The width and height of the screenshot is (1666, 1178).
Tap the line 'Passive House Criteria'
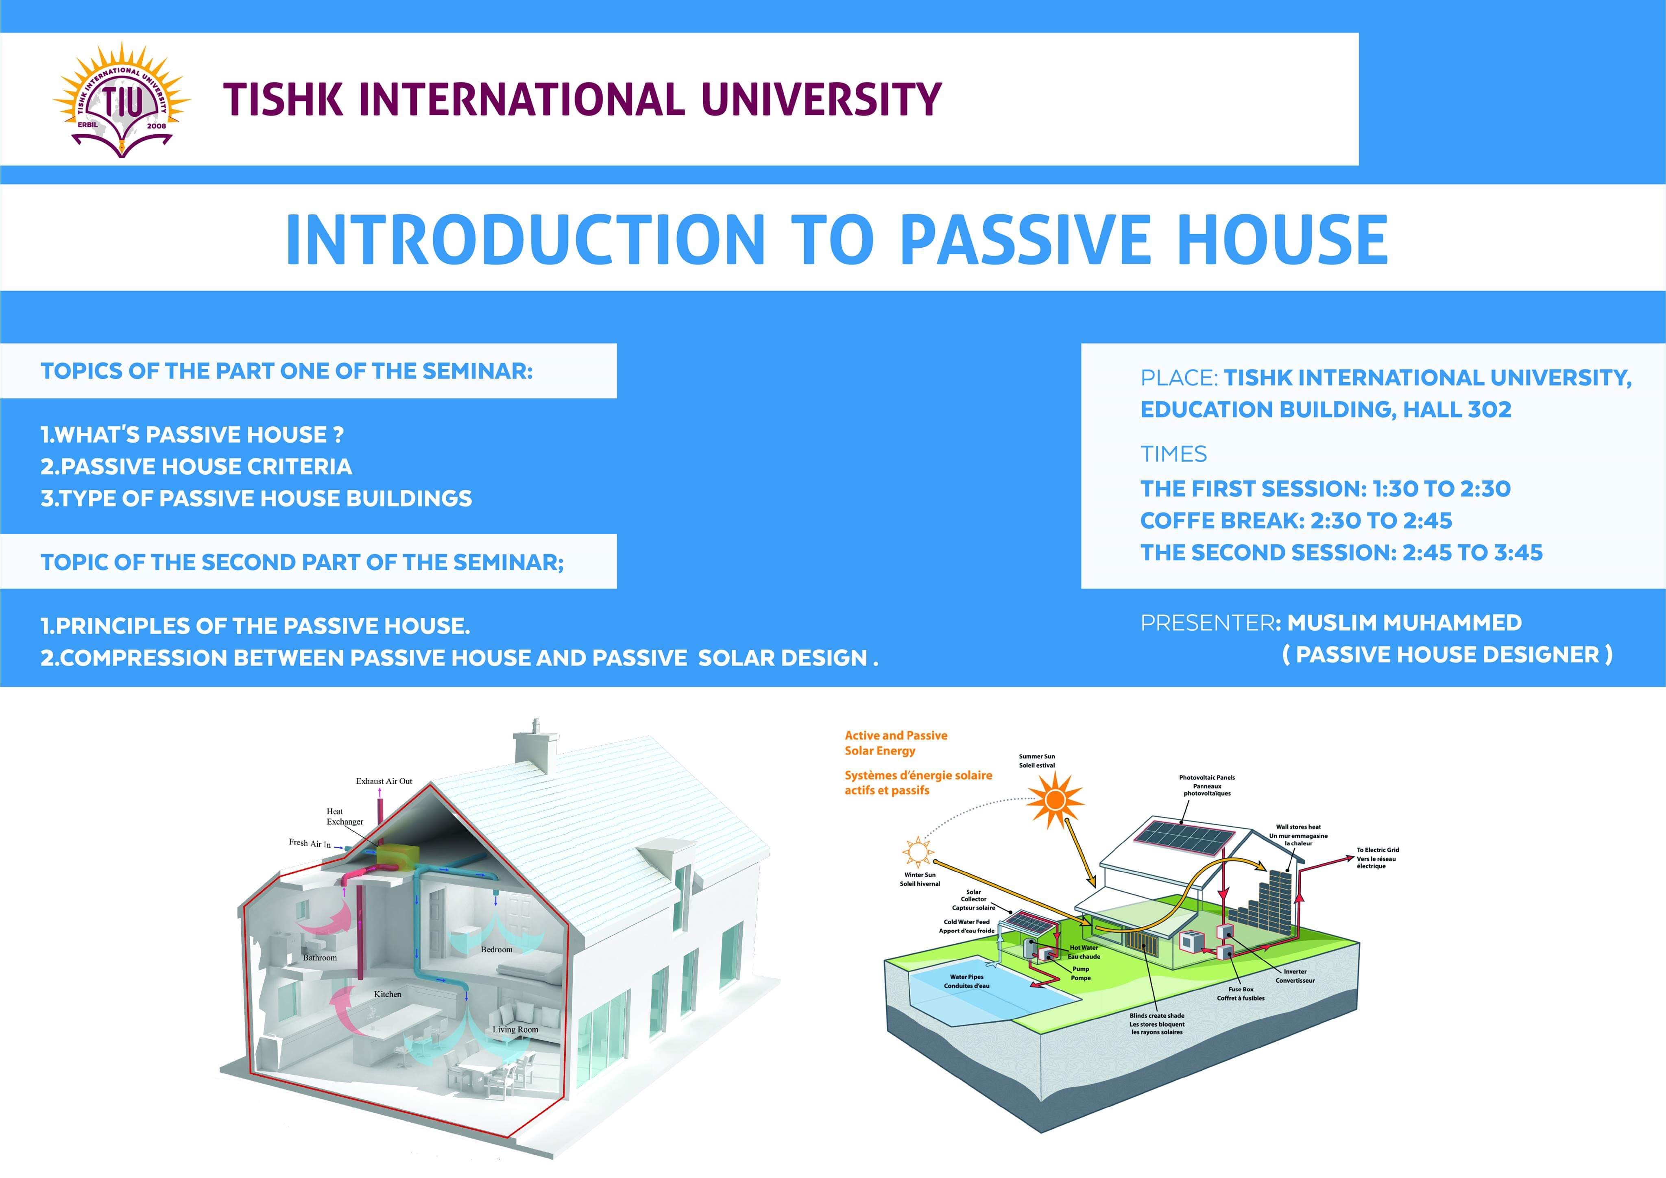[x=196, y=467]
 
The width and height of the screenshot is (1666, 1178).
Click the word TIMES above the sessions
[x=1173, y=454]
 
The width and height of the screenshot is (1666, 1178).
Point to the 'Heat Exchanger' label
[x=344, y=816]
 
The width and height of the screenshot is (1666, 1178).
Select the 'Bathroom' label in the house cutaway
[x=320, y=958]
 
